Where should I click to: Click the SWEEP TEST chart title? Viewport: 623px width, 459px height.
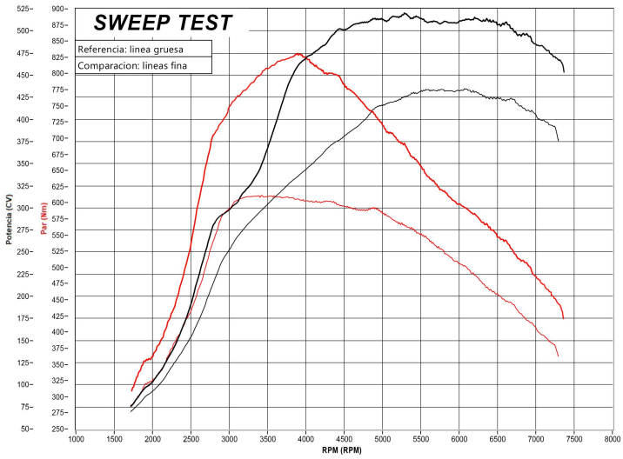163,23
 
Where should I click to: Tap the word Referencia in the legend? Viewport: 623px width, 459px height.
102,49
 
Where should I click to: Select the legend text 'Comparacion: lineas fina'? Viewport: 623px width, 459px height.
132,65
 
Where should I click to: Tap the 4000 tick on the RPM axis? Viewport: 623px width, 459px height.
305,439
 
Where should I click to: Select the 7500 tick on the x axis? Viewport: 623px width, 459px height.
573,439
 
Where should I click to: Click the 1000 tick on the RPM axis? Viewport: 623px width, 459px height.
76,439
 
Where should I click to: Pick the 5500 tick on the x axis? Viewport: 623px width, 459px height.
420,439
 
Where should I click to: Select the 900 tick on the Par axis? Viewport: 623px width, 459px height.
59,9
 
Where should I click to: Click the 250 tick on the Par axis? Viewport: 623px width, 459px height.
59,429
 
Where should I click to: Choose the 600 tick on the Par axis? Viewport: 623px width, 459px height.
59,203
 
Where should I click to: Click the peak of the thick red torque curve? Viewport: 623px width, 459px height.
298,54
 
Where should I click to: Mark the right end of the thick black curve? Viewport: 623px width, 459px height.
564,72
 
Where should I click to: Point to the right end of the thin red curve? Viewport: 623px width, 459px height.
558,356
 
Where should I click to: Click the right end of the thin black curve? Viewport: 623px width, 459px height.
558,141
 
